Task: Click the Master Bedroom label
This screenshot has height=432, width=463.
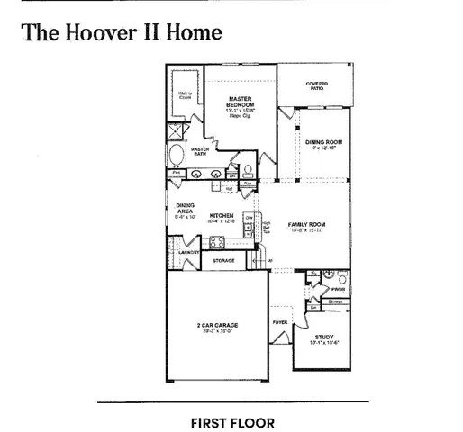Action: (240, 101)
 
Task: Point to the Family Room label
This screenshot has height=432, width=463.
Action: (306, 224)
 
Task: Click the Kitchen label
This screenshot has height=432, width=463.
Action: (222, 216)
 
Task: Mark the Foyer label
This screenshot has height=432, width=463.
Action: (279, 320)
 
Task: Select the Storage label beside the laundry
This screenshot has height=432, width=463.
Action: (223, 260)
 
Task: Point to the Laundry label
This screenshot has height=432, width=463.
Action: (187, 254)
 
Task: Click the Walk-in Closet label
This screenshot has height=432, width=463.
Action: (184, 94)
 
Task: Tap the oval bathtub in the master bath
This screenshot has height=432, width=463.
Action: (175, 156)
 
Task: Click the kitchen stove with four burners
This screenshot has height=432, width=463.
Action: (217, 241)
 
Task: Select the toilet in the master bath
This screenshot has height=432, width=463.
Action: (248, 168)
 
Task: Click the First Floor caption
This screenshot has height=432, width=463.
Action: (232, 420)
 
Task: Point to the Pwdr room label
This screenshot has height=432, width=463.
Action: (339, 289)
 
